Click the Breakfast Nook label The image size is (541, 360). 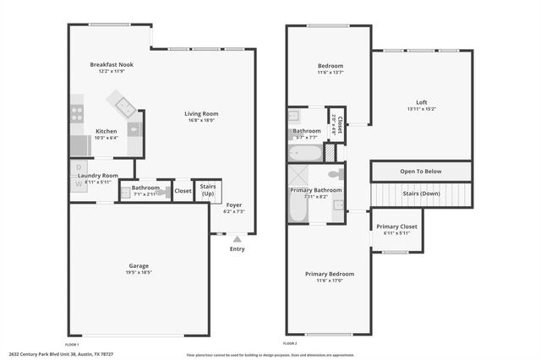click(112, 64)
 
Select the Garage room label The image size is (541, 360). click(139, 265)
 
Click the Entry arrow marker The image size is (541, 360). click(236, 240)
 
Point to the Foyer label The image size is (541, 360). click(233, 204)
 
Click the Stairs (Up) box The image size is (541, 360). click(207, 190)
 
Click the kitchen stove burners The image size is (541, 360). click(77, 112)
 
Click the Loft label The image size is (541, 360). click(421, 102)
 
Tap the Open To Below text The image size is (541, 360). click(421, 170)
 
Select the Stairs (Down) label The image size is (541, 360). click(421, 194)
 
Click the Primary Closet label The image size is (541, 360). click(396, 226)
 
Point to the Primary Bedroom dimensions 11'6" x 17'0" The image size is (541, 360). click(330, 281)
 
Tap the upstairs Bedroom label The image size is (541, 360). click(330, 65)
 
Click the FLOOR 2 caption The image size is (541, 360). click(290, 345)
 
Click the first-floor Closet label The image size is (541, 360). click(183, 191)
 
